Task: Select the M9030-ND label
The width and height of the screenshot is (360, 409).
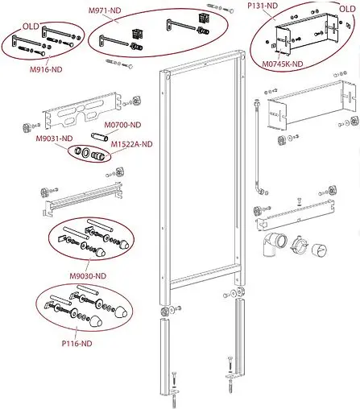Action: coord(88,276)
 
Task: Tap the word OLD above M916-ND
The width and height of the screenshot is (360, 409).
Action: coord(31,26)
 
